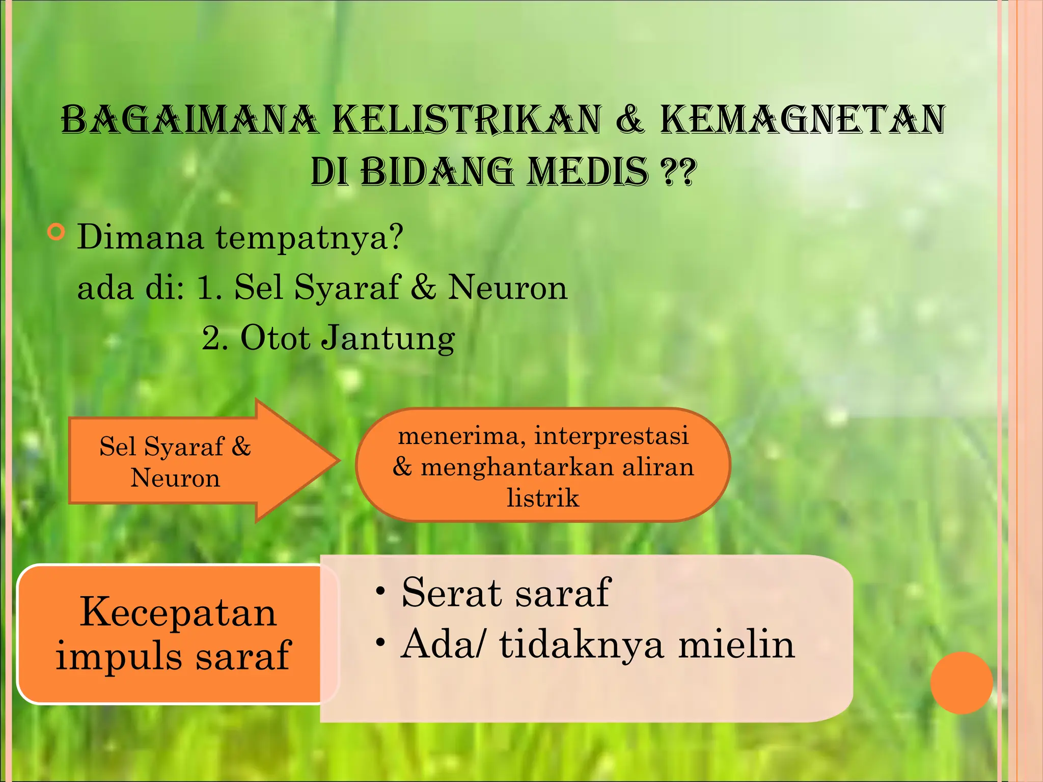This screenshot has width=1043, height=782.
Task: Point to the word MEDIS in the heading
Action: click(587, 172)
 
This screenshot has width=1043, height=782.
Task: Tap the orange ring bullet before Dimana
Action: click(56, 232)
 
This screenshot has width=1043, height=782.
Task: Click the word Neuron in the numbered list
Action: click(507, 288)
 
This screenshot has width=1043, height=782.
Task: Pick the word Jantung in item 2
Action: click(388, 338)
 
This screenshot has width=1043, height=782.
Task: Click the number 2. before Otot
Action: click(214, 338)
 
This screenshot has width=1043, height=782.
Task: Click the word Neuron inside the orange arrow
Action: click(175, 478)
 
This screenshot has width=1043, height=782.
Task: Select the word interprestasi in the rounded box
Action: click(611, 436)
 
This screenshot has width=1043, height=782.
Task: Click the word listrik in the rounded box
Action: click(543, 497)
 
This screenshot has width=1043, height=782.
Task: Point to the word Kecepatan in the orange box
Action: click(178, 612)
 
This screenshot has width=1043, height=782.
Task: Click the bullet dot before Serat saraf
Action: click(380, 592)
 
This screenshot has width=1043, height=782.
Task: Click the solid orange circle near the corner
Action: click(961, 683)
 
